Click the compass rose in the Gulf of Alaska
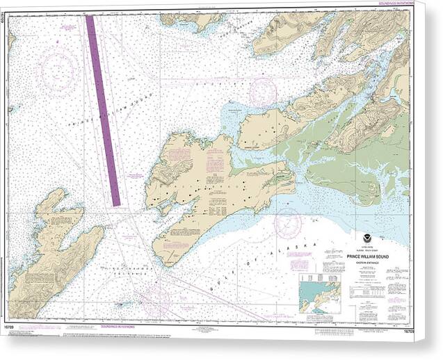(287, 223)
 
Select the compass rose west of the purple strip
(58, 69)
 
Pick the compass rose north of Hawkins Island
(263, 92)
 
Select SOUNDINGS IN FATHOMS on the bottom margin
(116, 325)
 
